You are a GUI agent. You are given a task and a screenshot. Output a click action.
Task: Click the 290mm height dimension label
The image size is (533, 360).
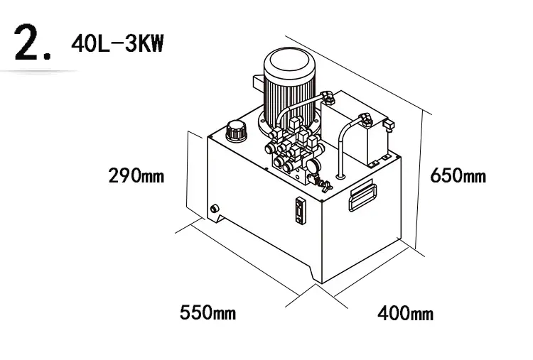pos(136,175)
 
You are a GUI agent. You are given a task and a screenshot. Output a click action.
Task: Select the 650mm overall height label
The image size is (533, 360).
pos(458,175)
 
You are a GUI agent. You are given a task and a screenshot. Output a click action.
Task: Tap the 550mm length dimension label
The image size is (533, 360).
pos(208,312)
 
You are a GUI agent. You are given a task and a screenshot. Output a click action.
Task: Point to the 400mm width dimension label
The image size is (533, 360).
pos(406,313)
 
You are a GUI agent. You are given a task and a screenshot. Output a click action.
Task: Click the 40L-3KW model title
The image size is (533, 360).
pos(117,44)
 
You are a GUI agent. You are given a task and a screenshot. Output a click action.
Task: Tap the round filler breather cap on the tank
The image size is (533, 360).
pos(236,130)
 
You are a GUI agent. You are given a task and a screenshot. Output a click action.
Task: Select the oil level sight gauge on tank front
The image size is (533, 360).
pos(300,211)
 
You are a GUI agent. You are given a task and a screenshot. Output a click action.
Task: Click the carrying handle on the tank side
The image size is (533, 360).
pos(362,195)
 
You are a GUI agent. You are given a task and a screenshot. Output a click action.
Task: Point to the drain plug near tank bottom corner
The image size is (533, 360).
pos(215,209)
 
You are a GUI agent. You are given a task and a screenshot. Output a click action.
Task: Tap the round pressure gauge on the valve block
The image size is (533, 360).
pos(311,166)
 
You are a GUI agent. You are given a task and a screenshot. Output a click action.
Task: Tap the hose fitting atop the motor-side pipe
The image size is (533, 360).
pos(328,96)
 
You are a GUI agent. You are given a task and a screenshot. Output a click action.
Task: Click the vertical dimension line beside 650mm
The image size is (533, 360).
pos(419,180)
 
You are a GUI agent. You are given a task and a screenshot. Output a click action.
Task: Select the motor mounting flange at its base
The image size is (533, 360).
pos(289,126)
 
